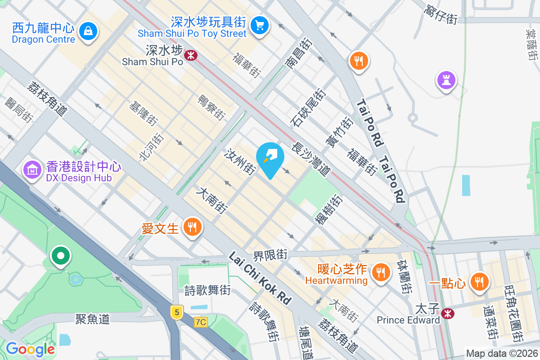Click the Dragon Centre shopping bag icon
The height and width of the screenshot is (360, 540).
pos(88,31)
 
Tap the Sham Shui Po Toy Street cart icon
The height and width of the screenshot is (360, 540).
pos(259,24)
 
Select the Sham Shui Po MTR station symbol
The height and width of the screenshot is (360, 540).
pos(191,55)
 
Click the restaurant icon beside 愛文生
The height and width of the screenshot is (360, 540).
pos(193,228)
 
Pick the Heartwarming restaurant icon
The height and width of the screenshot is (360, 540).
pos(381,272)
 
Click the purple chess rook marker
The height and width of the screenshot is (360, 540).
pos(446,81)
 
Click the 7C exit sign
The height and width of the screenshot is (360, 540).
pos(201,322)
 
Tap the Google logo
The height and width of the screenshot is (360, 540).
pos(30,349)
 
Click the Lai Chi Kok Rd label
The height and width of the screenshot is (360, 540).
pos(260,278)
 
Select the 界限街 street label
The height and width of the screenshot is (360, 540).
pos(270,255)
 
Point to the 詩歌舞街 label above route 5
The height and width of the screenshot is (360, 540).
pos(207,291)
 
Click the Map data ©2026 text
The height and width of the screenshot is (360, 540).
pos(502,353)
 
